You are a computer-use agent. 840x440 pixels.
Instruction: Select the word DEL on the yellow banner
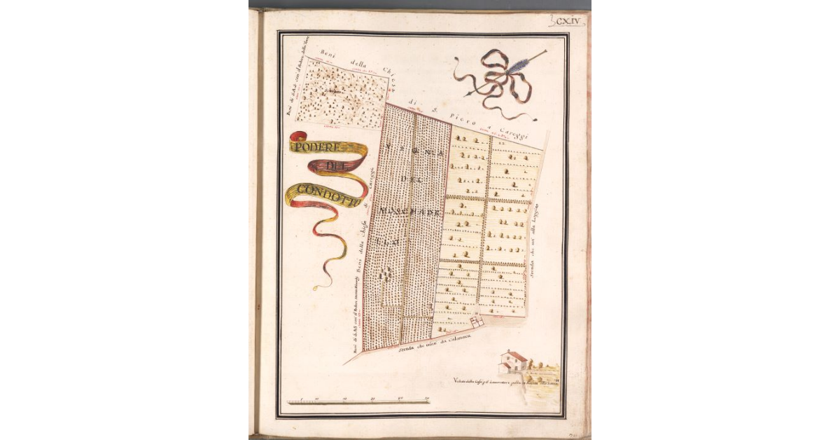click(x=335, y=165)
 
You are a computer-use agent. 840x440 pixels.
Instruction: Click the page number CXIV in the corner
click(x=568, y=21)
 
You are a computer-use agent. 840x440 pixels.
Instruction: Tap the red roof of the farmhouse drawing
click(x=517, y=355)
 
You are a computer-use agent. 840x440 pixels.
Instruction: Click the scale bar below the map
click(x=358, y=402)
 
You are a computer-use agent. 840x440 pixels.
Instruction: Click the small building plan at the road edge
click(x=477, y=321)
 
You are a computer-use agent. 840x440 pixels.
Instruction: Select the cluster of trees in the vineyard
click(x=384, y=275)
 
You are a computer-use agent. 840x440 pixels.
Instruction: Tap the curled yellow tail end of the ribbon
click(x=323, y=284)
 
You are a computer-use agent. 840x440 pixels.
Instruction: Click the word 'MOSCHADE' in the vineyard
click(x=409, y=209)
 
